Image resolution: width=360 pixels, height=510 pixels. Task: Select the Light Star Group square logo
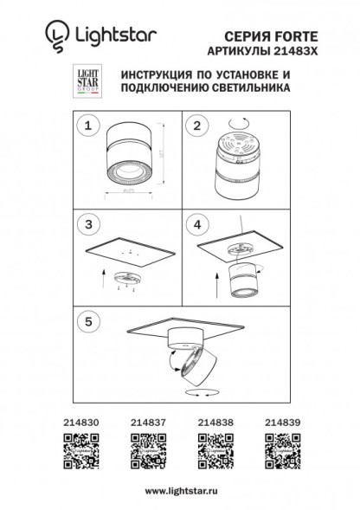(x=78, y=81)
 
